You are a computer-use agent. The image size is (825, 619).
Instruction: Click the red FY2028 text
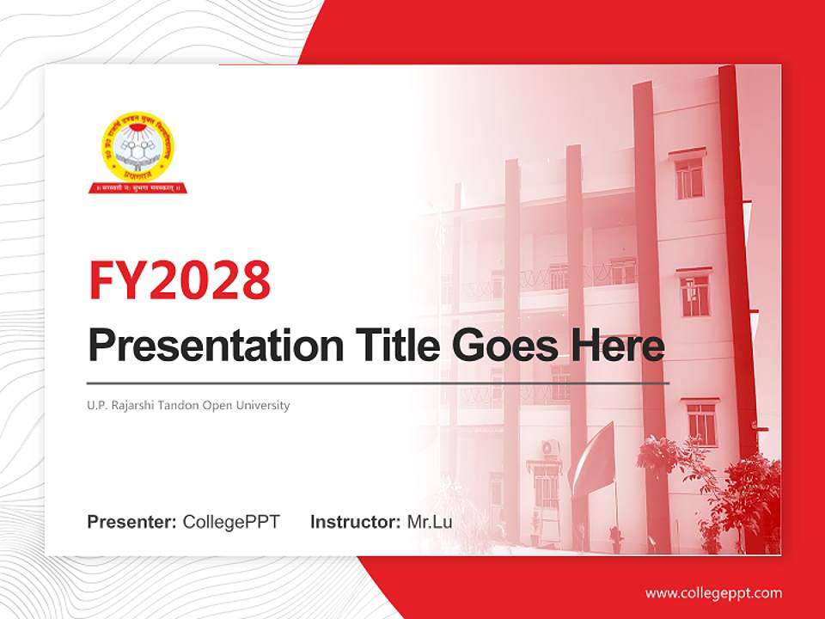(x=179, y=279)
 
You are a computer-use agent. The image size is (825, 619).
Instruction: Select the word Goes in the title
(x=501, y=346)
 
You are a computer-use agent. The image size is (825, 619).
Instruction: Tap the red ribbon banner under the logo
(x=138, y=187)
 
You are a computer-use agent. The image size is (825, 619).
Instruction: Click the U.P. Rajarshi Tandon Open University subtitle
(x=188, y=405)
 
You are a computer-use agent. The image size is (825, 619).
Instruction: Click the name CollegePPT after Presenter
(x=231, y=522)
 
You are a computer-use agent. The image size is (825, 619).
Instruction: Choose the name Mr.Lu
(x=430, y=522)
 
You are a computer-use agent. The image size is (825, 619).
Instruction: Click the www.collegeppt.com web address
(x=713, y=592)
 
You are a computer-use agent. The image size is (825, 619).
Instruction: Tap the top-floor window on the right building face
(x=689, y=177)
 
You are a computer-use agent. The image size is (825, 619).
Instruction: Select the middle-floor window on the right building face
(x=694, y=295)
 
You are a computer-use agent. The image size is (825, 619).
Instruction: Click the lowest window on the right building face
(x=701, y=423)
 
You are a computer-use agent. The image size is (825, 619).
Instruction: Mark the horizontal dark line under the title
(x=378, y=383)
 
